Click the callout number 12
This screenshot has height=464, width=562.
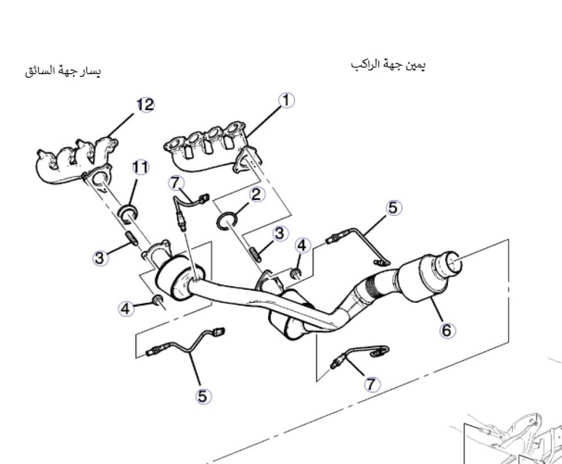[x=145, y=104]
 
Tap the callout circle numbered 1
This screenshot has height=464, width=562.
[x=286, y=101]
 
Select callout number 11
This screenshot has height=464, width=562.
[x=140, y=167]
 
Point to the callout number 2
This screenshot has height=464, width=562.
[x=256, y=194]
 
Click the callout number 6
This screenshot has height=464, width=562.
[x=447, y=330]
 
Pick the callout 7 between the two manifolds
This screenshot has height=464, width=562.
[x=176, y=183]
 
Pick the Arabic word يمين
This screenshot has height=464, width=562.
[x=415, y=66]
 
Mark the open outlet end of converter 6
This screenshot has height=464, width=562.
[x=453, y=262]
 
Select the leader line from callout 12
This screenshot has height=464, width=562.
[x=121, y=125]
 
